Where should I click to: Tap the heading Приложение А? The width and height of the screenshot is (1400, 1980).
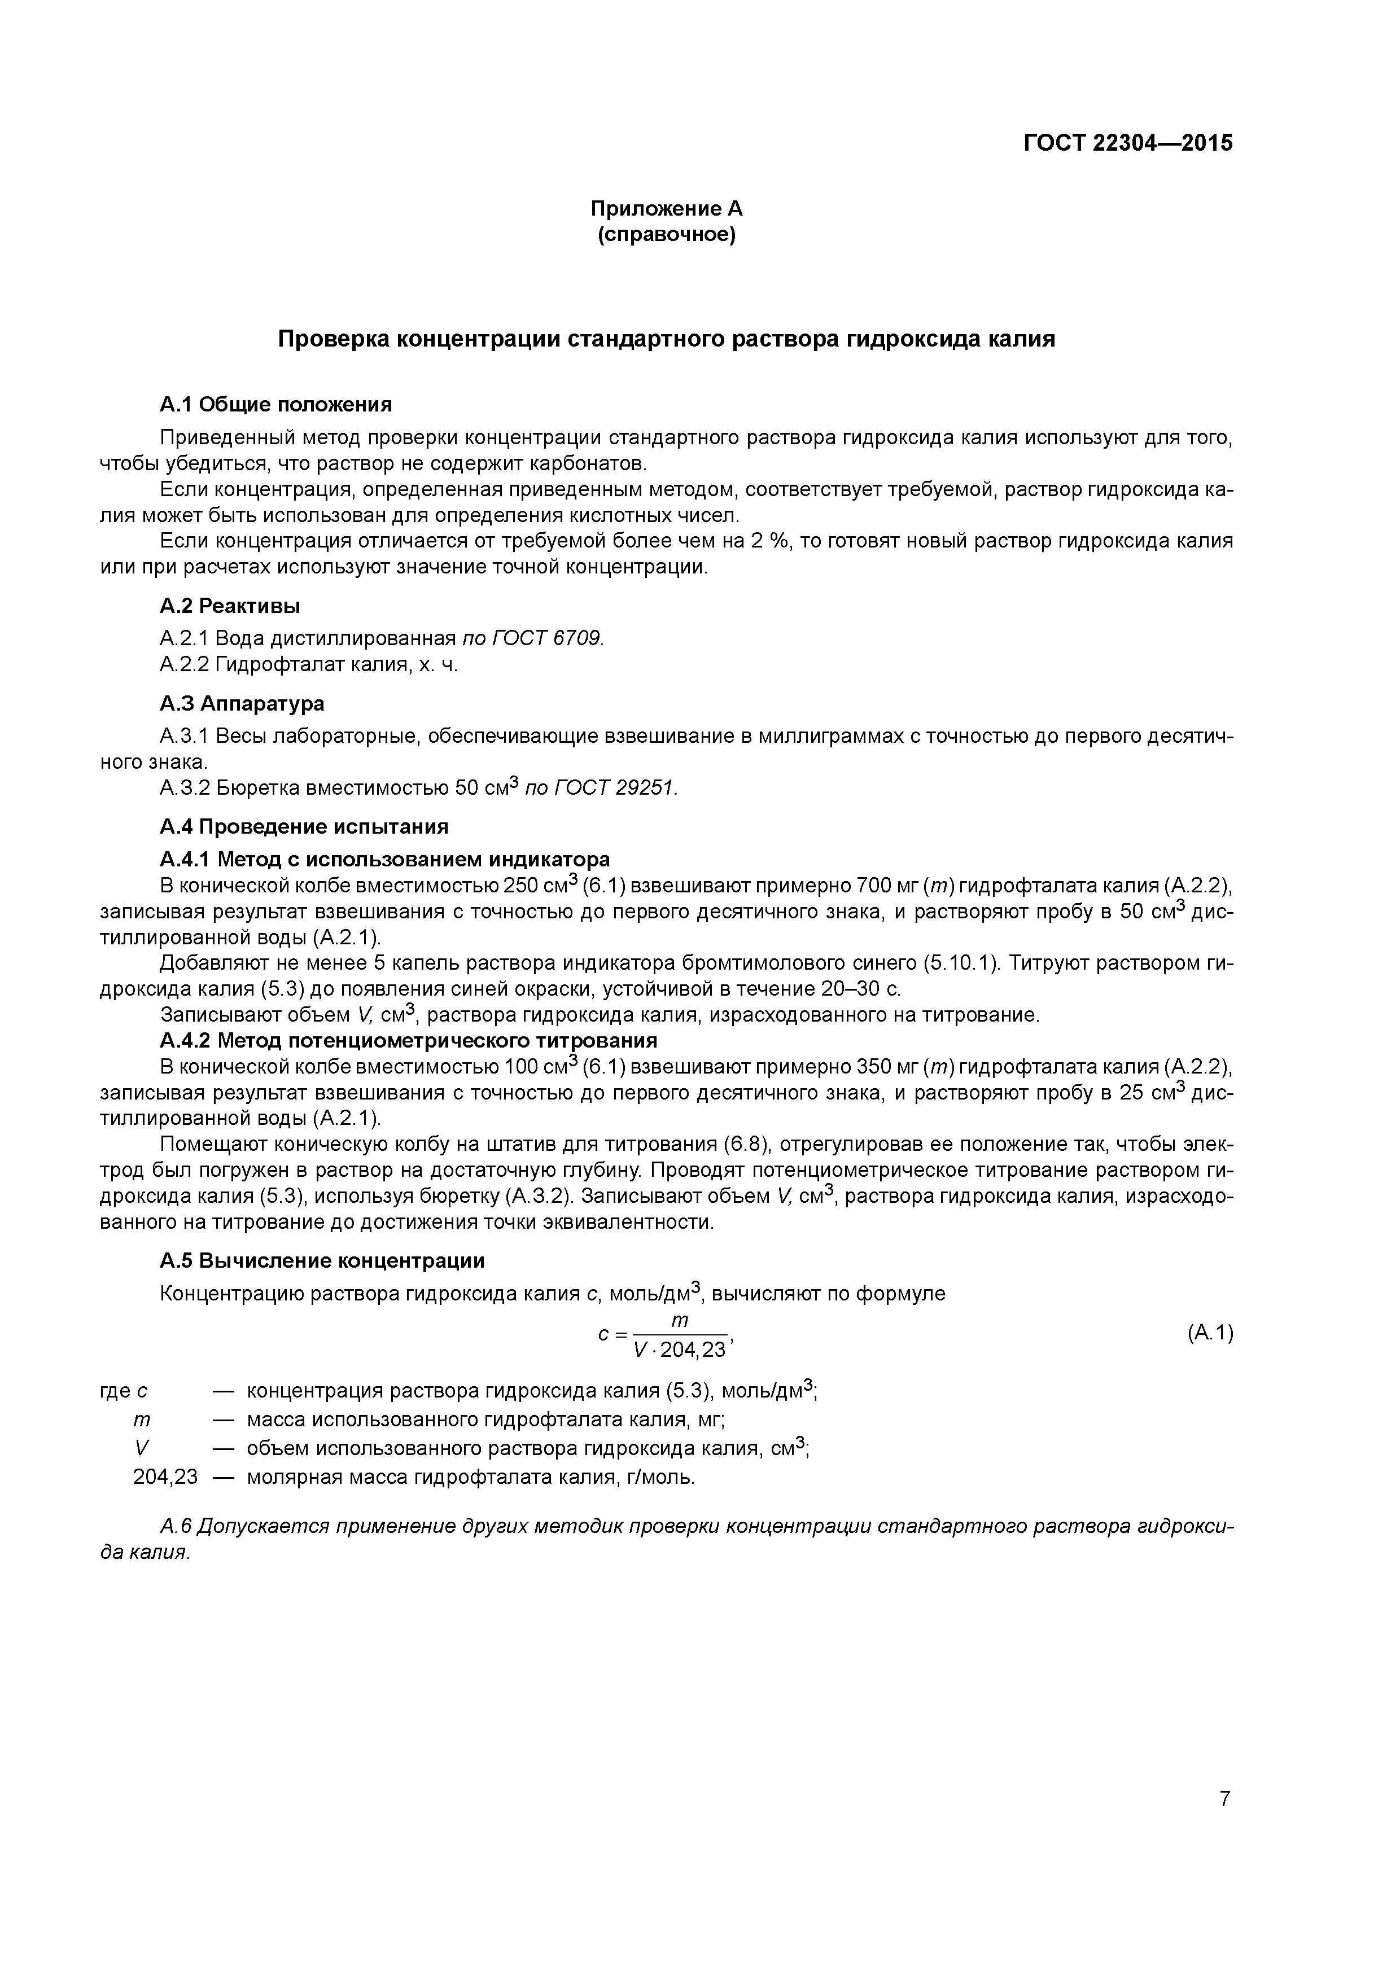click(666, 209)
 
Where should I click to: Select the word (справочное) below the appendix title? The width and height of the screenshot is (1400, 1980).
click(666, 235)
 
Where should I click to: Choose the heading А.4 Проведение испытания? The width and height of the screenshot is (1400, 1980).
click(304, 826)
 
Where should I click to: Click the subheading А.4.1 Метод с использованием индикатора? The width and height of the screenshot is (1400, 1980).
click(385, 859)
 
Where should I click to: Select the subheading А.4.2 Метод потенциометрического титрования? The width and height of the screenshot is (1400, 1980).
click(408, 1040)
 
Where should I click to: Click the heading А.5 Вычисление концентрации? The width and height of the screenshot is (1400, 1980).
click(322, 1261)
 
